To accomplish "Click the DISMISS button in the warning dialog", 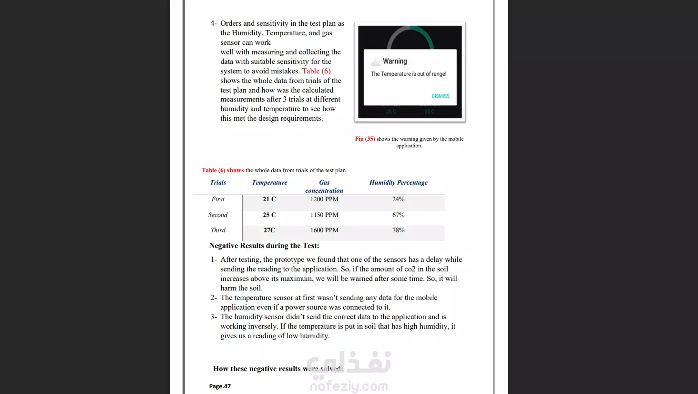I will click(440, 96).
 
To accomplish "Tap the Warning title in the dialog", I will click(395, 61).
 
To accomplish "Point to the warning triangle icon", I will click(376, 62).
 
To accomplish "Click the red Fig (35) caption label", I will click(365, 139).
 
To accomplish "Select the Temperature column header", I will click(269, 182).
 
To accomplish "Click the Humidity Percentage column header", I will click(398, 182).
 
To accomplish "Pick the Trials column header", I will click(218, 182).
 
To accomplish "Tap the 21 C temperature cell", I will click(269, 199).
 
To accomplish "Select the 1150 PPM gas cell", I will click(324, 215).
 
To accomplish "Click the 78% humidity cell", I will click(398, 230).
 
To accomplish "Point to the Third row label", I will click(218, 230).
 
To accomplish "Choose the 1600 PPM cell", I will click(324, 230).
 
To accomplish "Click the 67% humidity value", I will click(398, 215).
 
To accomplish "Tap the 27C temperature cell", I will click(269, 230).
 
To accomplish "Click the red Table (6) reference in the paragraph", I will click(316, 71).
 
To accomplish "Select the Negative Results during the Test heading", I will click(264, 246).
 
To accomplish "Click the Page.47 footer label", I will click(220, 386).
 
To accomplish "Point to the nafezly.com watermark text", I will click(349, 386).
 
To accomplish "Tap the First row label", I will click(218, 199).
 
